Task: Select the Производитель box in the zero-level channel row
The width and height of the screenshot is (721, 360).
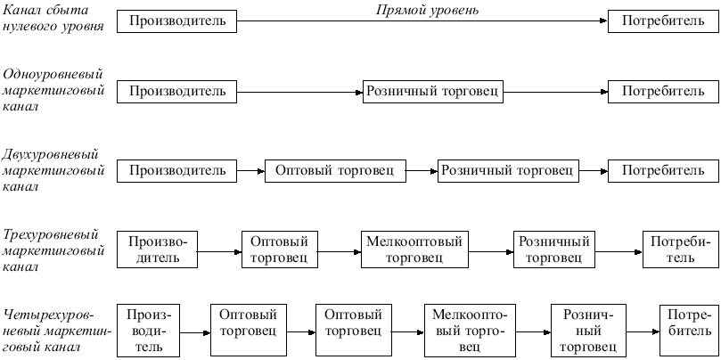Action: coord(177,20)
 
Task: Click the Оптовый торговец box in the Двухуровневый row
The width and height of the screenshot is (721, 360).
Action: coord(335,169)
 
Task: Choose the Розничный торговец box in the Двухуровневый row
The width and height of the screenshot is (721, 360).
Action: coord(507,169)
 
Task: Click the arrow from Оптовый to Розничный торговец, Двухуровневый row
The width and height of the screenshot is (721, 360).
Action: coord(422,169)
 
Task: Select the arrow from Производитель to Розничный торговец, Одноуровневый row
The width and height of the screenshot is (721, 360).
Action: coord(300,91)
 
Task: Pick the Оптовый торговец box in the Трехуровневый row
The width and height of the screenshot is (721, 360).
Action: coord(279,250)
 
